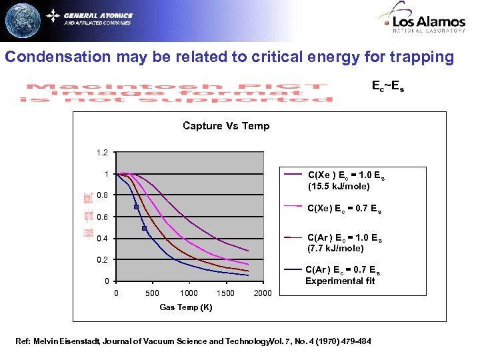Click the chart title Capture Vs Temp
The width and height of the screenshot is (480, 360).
[226, 126]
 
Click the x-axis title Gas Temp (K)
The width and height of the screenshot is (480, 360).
[186, 307]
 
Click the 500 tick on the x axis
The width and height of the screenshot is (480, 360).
[152, 293]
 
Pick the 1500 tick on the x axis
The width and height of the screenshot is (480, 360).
[226, 293]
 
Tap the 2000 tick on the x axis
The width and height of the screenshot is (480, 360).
[263, 293]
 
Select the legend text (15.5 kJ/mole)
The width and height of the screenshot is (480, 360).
[339, 187]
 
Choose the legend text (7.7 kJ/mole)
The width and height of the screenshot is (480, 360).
[335, 249]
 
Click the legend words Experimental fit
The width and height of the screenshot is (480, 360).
[340, 281]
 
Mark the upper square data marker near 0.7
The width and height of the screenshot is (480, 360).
[136, 207]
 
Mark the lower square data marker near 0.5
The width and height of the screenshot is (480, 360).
[145, 229]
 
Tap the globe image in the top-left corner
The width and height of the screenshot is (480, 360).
[22, 21]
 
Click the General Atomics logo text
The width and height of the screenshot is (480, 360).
[98, 15]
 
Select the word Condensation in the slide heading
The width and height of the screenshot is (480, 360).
[57, 57]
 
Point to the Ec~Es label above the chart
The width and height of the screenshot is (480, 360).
[387, 85]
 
